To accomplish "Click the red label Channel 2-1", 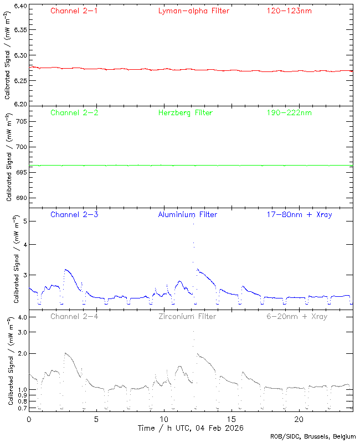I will click(74, 11).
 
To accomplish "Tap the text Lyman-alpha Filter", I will click(193, 11).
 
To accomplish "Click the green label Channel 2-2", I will click(74, 113).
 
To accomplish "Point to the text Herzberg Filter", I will click(185, 113).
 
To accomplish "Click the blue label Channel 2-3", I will click(74, 214).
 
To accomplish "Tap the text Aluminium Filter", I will click(188, 214).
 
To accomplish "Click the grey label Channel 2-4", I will click(74, 317).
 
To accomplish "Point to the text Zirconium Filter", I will click(187, 317).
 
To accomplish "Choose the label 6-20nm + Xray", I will click(297, 317).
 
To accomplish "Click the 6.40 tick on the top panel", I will click(19, 6).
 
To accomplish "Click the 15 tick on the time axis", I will click(232, 419).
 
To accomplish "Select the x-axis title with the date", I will click(191, 428).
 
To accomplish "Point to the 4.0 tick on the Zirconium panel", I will click(22, 317).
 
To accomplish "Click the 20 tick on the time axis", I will click(299, 419).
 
